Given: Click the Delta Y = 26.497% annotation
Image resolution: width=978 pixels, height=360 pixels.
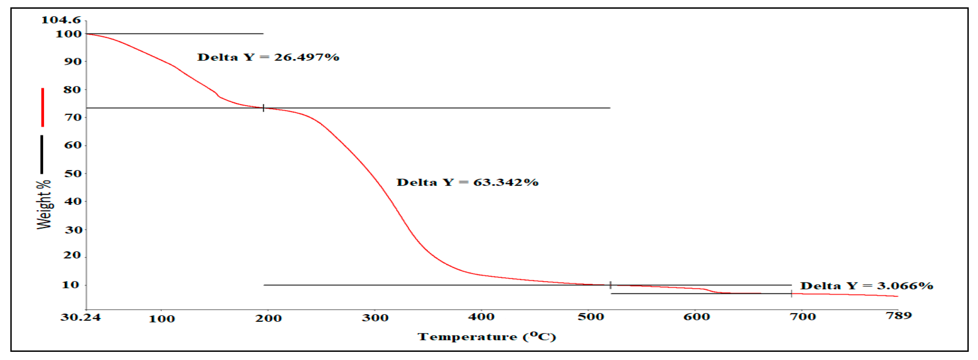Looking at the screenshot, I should (x=268, y=57).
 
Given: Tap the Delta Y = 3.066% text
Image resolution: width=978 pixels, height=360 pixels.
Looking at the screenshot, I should (x=866, y=286).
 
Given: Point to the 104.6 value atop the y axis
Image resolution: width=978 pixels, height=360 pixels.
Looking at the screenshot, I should (x=61, y=20).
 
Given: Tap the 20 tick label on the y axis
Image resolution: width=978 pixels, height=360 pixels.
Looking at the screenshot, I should (x=72, y=255).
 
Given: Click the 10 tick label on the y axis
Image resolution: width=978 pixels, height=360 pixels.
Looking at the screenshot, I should (x=71, y=285).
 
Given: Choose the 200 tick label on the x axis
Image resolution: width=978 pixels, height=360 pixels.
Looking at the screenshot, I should (x=268, y=318).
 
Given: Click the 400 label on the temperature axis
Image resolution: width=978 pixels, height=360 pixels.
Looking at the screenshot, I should (x=481, y=317).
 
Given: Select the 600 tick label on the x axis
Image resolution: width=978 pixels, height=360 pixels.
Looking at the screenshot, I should (x=696, y=317).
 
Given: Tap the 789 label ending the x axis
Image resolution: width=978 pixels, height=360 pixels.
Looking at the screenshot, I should (x=899, y=316).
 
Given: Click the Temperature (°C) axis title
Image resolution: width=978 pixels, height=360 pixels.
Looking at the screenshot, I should (x=487, y=337).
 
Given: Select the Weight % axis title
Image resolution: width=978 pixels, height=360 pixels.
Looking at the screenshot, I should (x=44, y=205).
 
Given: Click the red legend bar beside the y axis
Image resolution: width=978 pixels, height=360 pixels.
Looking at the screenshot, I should (x=42, y=108).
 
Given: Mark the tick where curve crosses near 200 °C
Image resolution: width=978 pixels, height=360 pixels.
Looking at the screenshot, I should (x=263, y=108).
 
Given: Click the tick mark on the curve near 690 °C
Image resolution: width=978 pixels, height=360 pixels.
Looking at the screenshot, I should (x=791, y=294).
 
